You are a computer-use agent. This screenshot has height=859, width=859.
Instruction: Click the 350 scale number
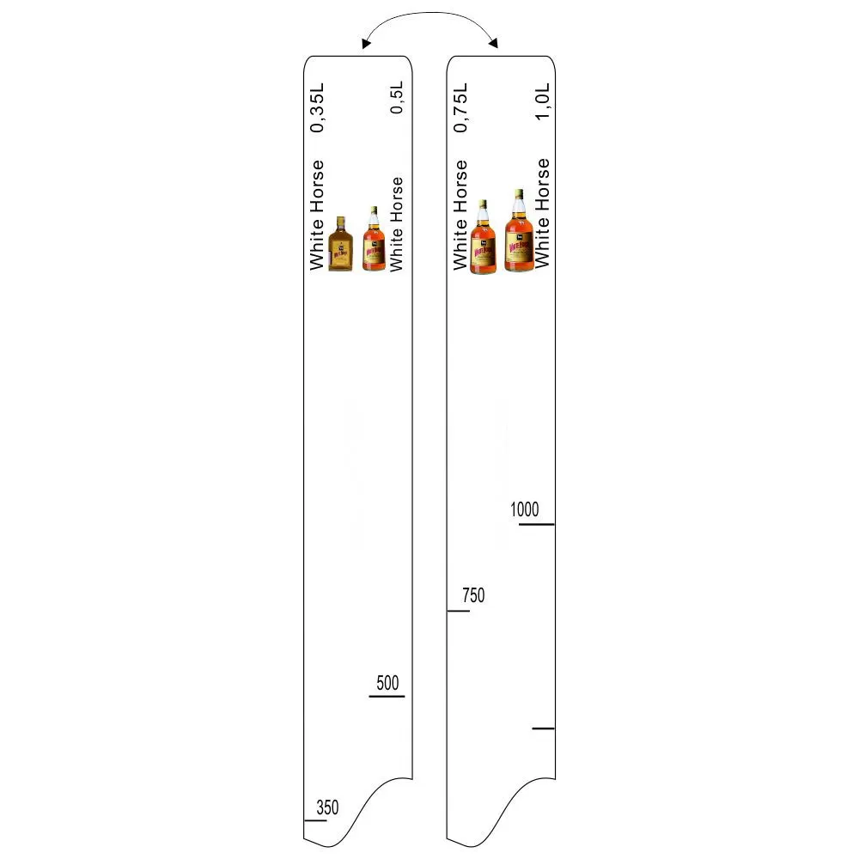[327, 807]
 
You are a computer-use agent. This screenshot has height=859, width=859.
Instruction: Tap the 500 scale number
[387, 683]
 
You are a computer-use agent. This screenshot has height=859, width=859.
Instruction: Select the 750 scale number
[473, 595]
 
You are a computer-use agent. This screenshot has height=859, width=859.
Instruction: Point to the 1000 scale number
[524, 509]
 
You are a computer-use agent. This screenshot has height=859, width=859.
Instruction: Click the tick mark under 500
[387, 697]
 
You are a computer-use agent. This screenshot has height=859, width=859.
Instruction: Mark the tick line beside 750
[459, 610]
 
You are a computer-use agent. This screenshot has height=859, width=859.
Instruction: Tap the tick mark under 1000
[536, 524]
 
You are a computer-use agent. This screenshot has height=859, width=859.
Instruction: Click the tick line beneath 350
[315, 820]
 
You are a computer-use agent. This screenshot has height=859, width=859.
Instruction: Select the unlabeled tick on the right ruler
[544, 728]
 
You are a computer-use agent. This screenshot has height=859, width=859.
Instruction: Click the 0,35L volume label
[317, 107]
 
